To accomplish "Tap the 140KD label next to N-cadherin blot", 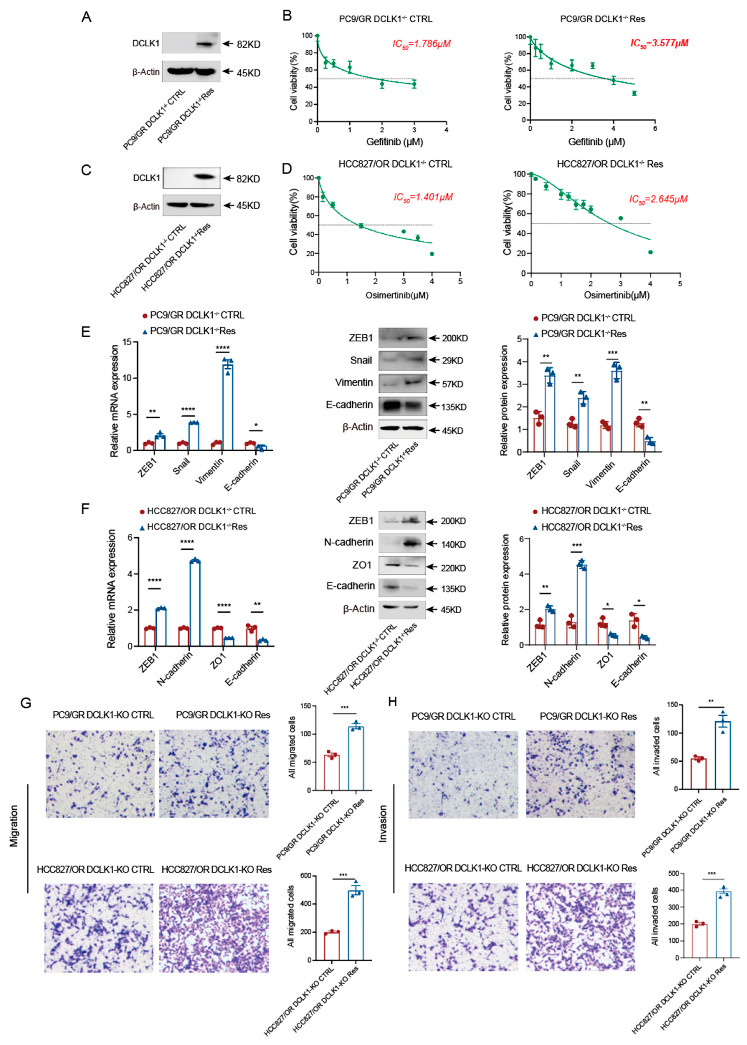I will tap(453, 544).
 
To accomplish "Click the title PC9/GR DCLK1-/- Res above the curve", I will tap(602, 19).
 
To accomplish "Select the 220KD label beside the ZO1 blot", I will tap(453, 568).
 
